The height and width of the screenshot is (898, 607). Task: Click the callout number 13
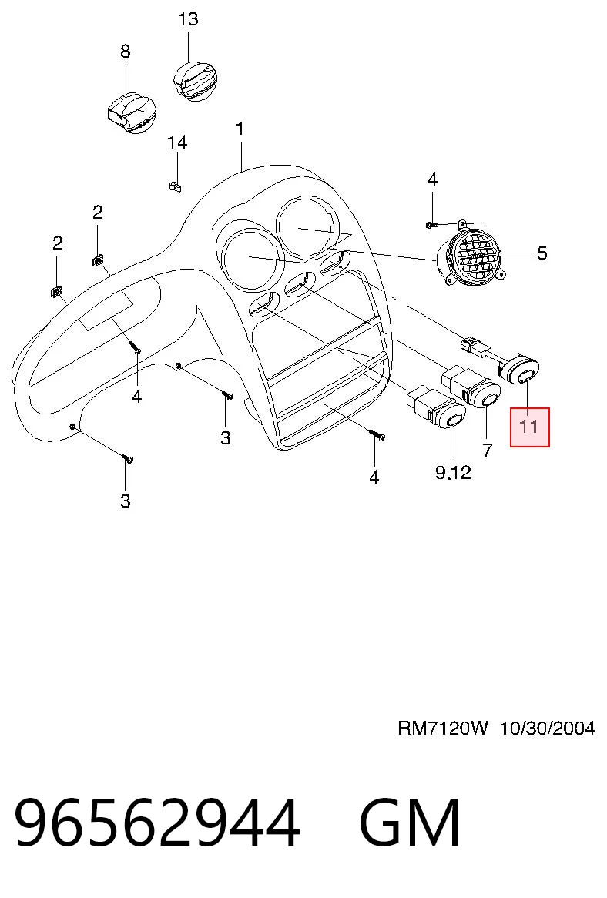188,19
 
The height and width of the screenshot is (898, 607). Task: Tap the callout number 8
126,52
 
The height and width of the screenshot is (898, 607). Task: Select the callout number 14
177,142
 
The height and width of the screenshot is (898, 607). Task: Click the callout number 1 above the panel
240,129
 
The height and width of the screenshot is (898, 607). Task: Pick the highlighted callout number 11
529,427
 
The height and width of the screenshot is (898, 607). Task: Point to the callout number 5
542,253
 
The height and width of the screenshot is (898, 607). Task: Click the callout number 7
488,450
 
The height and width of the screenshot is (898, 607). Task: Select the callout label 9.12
453,472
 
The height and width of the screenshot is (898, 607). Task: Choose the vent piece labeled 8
132,112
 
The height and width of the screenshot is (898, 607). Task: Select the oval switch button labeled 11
523,372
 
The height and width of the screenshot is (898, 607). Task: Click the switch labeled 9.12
437,409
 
